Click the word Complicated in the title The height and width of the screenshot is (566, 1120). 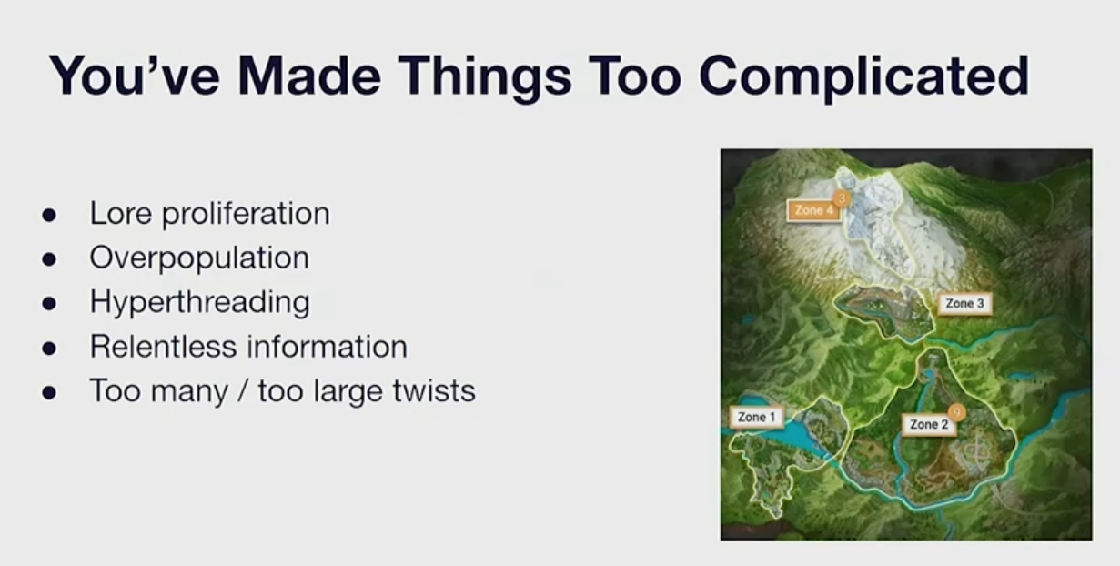(864, 78)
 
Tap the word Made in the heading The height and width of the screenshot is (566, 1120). (309, 76)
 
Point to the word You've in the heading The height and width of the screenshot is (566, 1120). (135, 76)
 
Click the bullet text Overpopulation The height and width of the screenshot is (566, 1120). (199, 258)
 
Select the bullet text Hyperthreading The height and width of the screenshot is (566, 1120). (200, 302)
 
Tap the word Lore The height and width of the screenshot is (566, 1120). (120, 214)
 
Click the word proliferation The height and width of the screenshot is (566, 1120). (246, 215)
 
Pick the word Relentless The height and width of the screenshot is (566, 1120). (163, 347)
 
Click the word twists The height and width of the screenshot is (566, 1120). (434, 390)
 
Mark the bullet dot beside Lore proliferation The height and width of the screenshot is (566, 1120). (49, 215)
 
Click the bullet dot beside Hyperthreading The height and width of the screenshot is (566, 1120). (49, 304)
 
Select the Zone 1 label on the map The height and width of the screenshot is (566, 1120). (756, 417)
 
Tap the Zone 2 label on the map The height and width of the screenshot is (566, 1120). (929, 424)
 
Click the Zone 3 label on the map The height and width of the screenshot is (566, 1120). (964, 304)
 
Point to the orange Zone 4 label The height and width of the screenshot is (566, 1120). (813, 210)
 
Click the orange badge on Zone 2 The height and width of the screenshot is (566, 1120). (956, 412)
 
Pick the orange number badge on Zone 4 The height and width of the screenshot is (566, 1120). (842, 198)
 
